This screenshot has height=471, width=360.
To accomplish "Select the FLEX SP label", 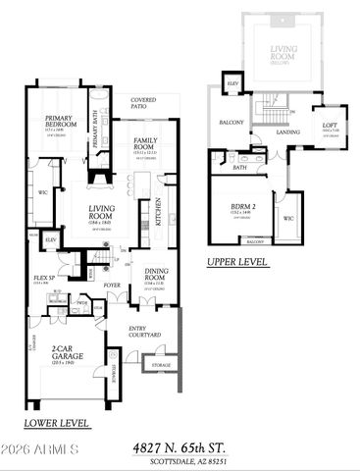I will [43, 279].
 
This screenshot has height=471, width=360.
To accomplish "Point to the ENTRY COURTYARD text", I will [145, 333].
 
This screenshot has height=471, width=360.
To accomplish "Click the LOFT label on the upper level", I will [330, 125].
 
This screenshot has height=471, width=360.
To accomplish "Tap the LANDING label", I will [288, 131].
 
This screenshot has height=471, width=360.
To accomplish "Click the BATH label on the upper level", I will [240, 168].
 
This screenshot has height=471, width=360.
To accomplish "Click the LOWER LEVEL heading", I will [59, 424].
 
